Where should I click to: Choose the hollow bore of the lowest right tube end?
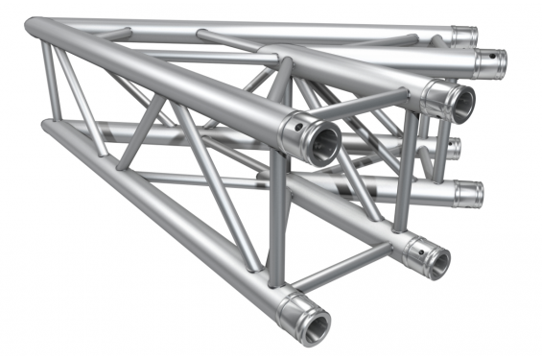coord(437,260)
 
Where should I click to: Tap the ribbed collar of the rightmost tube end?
coord(483,62)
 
